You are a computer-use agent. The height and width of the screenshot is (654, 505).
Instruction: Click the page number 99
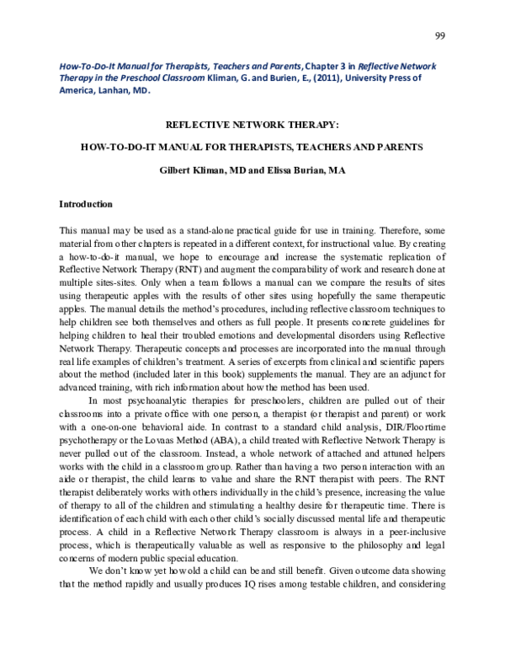point(439,35)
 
